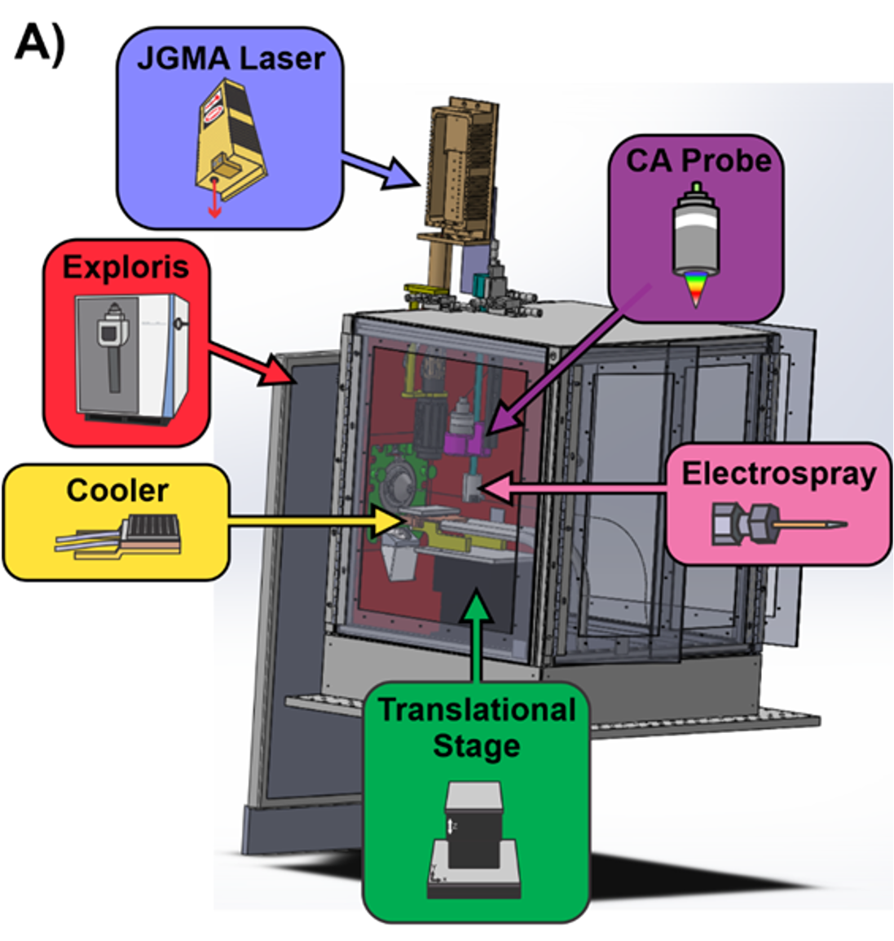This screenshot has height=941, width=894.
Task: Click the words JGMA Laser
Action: (231, 59)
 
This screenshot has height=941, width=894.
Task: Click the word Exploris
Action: (126, 267)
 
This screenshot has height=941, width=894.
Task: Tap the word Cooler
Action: (117, 491)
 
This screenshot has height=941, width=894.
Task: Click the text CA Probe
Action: (698, 161)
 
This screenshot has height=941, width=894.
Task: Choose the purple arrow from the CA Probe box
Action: (570, 355)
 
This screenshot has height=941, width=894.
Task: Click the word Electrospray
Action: (778, 474)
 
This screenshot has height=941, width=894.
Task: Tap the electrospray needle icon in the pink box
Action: (777, 524)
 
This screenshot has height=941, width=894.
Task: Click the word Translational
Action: (477, 710)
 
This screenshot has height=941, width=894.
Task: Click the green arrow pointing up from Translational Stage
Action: (476, 636)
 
